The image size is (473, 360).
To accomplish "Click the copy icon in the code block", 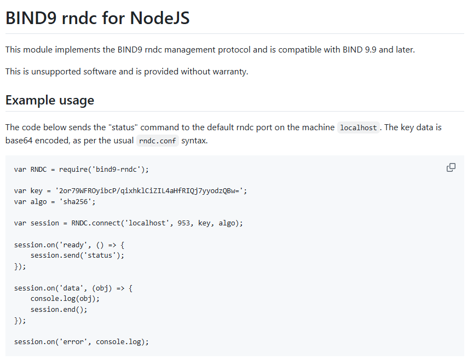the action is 451,167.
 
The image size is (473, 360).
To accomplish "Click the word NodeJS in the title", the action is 160,18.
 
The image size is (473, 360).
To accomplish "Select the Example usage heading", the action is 50,100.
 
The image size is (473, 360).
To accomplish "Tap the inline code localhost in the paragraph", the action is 359,127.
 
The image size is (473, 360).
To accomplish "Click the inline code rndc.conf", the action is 158,141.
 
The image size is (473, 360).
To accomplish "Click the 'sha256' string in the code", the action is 75,202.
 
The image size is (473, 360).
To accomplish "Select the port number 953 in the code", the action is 184,223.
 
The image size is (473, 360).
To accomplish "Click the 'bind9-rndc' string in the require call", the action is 116,170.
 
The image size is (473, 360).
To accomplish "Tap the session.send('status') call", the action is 77,256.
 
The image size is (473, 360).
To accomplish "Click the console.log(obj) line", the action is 65,299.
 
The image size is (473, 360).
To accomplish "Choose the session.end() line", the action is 59,310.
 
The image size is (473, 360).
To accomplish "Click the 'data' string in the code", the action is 71,288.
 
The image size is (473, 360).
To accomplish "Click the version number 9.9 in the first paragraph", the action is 371,49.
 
